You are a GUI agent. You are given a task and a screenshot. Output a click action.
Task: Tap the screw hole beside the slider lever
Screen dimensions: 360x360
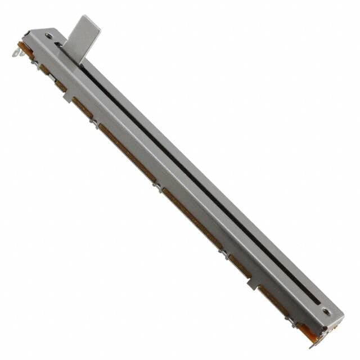pos(49,35)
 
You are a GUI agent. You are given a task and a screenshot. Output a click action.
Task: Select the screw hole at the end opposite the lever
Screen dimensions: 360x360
pos(326,310)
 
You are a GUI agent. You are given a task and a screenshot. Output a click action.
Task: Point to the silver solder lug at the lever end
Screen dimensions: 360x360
pos(15,53)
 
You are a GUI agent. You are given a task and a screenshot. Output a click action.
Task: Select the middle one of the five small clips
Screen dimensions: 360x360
pos(159,188)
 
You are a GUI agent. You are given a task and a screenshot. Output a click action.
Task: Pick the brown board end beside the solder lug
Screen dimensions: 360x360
pos(22,46)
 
